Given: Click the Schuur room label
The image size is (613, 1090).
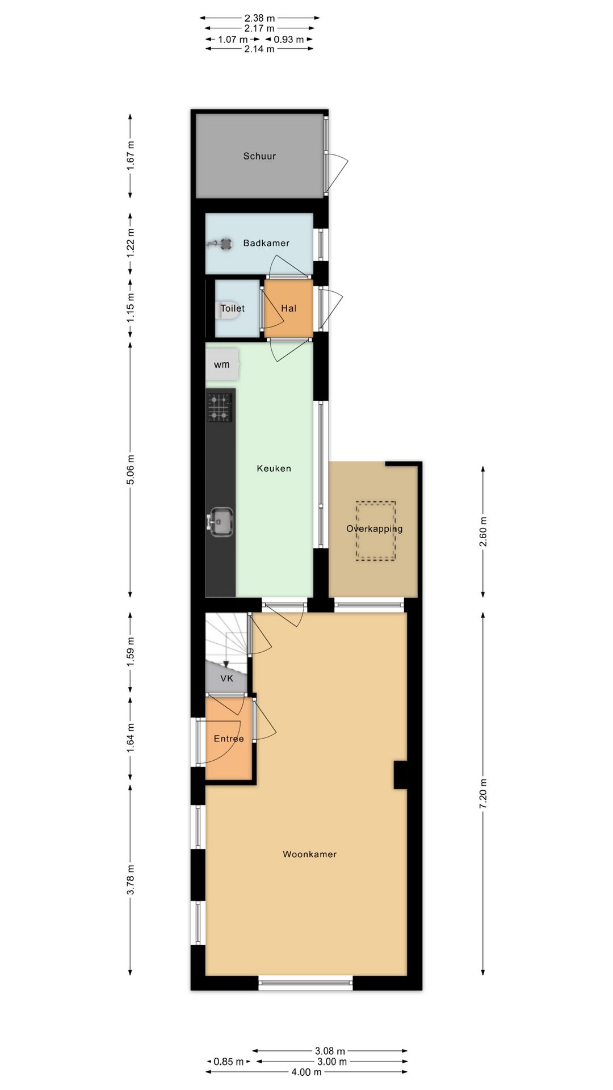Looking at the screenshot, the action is pos(259,156).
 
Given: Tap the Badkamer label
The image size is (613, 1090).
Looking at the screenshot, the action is pos(266,243).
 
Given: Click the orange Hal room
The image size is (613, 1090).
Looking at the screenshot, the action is pos(289,308).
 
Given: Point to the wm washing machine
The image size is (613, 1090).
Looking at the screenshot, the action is pos(222,364).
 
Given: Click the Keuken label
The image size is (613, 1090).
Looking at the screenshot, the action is pos(274,468).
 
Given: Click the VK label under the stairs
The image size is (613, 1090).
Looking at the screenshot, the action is pos(226,678).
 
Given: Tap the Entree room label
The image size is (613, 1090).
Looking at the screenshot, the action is pos(229,739).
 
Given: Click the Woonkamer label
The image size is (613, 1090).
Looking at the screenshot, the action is pos(310,854).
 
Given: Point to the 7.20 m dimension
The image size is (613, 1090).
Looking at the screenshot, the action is pos(483,794).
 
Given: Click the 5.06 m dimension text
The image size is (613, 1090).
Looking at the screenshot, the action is pos(131,470).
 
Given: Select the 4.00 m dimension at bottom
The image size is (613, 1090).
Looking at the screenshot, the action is pos(306,1072).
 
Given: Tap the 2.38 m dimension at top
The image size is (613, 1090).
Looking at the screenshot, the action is pos(259,18).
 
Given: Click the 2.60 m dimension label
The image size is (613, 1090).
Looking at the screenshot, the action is pos(483,532).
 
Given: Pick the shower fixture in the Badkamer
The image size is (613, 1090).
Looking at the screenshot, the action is pos(220,244).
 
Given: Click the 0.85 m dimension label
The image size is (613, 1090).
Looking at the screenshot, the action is pos(229,1062).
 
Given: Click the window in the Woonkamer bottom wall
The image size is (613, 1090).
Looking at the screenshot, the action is pos(306,983).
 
